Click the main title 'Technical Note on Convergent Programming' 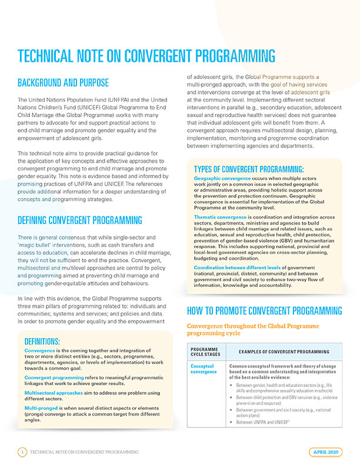pyautogui.click(x=146, y=56)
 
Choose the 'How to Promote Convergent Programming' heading pyautogui.click(x=264, y=310)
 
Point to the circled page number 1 pyautogui.click(x=22, y=452)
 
